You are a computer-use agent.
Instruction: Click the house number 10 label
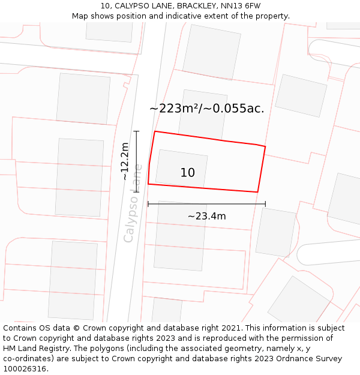(188, 173)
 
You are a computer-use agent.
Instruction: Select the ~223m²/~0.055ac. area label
(207, 109)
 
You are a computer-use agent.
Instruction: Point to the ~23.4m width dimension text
(206, 216)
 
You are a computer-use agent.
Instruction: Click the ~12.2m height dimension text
(125, 161)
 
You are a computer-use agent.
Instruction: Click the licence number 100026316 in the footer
(25, 369)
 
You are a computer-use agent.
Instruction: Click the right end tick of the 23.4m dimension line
(265, 204)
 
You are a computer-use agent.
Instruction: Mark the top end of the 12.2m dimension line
(136, 131)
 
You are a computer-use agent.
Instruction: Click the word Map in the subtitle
(80, 16)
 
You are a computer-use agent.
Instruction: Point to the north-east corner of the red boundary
(265, 146)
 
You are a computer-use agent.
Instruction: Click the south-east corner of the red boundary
(257, 192)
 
